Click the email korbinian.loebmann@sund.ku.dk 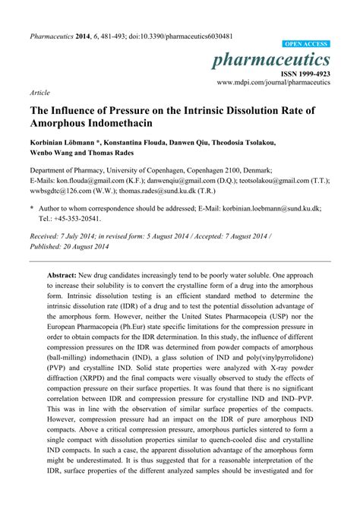(x=282, y=207)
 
